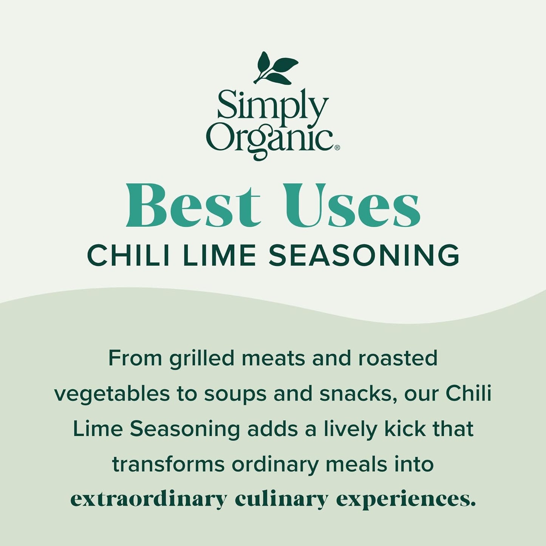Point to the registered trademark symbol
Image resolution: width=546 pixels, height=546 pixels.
(337, 147)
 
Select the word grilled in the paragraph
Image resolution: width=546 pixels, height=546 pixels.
(201, 358)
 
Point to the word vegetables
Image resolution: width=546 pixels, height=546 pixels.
(112, 393)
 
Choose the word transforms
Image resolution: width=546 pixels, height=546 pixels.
(168, 464)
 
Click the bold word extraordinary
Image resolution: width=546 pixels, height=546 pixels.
(148, 499)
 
